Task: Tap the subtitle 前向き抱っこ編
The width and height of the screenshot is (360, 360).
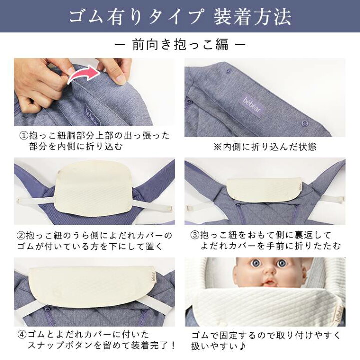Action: (180, 44)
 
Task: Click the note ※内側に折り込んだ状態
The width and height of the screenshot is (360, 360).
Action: (264, 147)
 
